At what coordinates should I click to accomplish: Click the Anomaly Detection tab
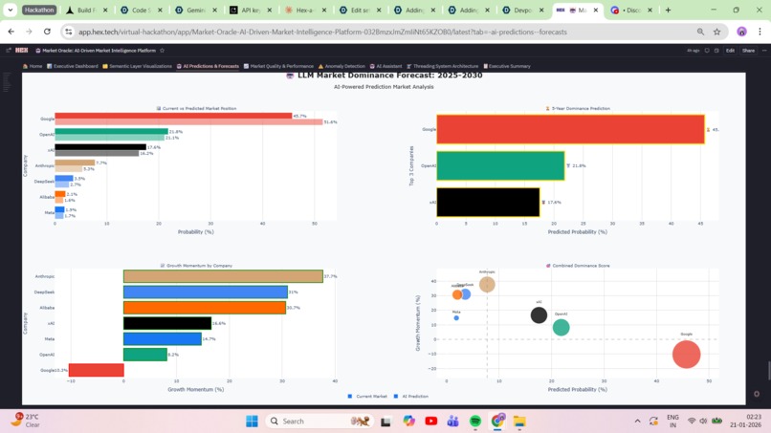click(x=341, y=67)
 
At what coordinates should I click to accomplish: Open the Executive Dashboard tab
click(x=73, y=67)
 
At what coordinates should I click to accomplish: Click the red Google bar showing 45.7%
click(x=172, y=116)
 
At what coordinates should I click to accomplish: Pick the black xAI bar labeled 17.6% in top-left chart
click(x=99, y=147)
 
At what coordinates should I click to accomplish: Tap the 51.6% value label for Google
click(x=330, y=122)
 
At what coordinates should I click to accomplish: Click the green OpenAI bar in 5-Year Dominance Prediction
click(x=499, y=165)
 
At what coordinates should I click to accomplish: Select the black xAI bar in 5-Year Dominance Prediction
click(x=488, y=202)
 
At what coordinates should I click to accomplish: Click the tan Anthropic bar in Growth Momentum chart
click(x=222, y=276)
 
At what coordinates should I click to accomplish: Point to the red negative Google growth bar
click(x=96, y=370)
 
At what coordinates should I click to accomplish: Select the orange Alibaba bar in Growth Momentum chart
click(x=204, y=308)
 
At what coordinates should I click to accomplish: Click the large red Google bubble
click(x=686, y=354)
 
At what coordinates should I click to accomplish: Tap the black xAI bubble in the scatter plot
click(x=539, y=314)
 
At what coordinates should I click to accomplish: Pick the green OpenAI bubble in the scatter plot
click(x=561, y=327)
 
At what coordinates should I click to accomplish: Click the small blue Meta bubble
click(x=456, y=318)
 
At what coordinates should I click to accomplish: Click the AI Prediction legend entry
click(x=412, y=396)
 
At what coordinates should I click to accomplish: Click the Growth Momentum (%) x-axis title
click(x=195, y=389)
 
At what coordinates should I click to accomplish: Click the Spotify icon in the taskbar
click(x=475, y=421)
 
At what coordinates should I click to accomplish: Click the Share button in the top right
click(x=748, y=51)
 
